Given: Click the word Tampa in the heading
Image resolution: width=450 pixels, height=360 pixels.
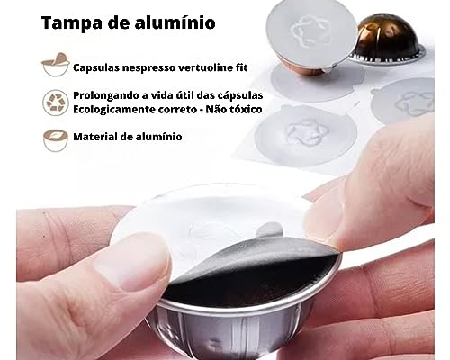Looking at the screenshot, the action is tap(72, 23).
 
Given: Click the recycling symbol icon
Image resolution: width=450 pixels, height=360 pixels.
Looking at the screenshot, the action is tap(56, 103).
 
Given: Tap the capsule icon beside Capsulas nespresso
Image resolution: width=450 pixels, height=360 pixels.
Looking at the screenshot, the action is tap(56, 65).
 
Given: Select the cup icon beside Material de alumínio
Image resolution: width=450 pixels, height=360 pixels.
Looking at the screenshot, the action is tap(56, 140).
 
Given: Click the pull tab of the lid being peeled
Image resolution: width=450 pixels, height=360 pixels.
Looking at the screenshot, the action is tap(269, 229).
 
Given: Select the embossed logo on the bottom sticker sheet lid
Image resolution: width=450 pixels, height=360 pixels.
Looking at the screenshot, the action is tap(305, 132).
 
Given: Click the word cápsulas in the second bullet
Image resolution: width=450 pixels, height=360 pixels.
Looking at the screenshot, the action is tap(242, 96).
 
